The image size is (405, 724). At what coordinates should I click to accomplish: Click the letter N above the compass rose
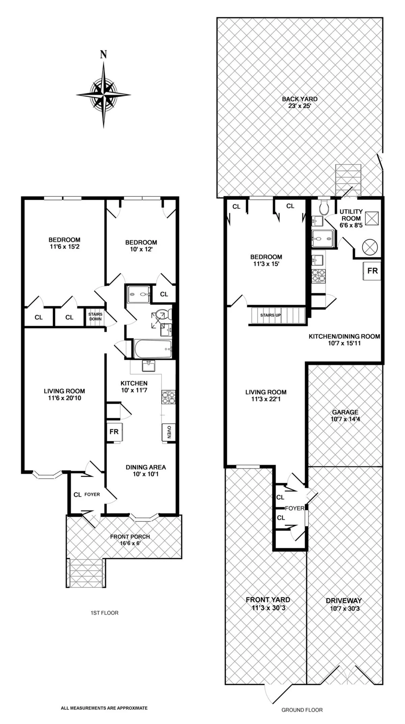[x=104, y=54]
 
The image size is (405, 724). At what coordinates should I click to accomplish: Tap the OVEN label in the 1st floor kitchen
[x=169, y=432]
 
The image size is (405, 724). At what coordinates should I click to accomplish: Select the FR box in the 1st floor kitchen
[x=114, y=431]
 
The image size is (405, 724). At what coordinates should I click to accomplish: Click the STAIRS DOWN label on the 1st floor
[x=96, y=316]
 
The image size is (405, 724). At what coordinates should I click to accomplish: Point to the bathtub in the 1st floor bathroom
[x=153, y=349]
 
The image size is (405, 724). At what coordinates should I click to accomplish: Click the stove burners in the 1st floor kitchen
[x=169, y=397]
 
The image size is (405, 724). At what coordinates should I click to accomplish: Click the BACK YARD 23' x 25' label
[x=300, y=102]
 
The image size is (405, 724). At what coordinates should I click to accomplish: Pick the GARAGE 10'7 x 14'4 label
[x=345, y=416]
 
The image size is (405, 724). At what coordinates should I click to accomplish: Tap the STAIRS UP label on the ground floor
[x=270, y=315]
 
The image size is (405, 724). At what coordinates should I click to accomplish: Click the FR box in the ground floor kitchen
[x=372, y=271]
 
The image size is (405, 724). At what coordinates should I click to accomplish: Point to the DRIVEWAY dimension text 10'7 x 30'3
[x=345, y=609]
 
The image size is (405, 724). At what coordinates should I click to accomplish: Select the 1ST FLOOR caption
[x=104, y=613]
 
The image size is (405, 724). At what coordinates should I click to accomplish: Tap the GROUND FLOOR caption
[x=302, y=710]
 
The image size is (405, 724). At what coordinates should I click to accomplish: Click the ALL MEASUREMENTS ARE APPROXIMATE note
[x=104, y=698]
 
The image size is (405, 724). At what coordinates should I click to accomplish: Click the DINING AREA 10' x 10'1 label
[x=146, y=470]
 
